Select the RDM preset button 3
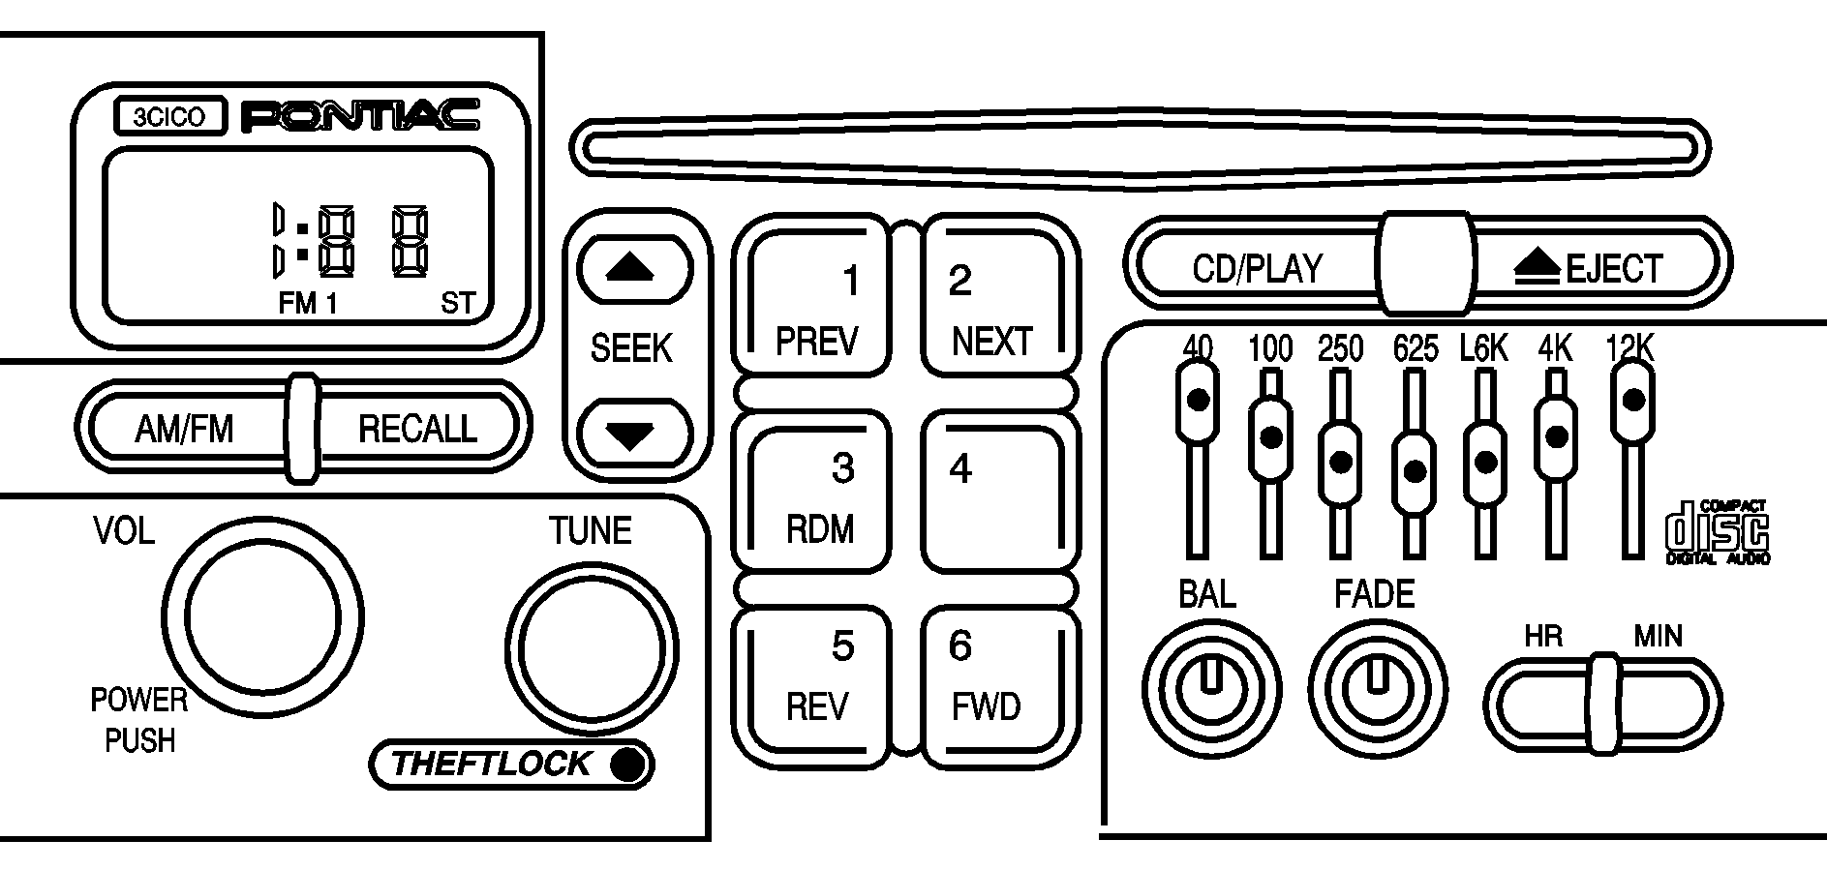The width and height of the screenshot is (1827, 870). pyautogui.click(x=811, y=492)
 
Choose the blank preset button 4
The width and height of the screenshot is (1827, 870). pyautogui.click(x=998, y=492)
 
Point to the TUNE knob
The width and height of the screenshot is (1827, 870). pyautogui.click(x=591, y=648)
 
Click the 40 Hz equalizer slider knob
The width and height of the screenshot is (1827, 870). pyautogui.click(x=1198, y=401)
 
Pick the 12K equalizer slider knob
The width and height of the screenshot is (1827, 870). pyautogui.click(x=1632, y=401)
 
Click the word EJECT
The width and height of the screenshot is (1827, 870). pyautogui.click(x=1614, y=268)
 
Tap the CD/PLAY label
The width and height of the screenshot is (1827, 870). pyautogui.click(x=1257, y=268)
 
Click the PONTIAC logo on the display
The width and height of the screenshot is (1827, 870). pyautogui.click(x=359, y=117)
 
